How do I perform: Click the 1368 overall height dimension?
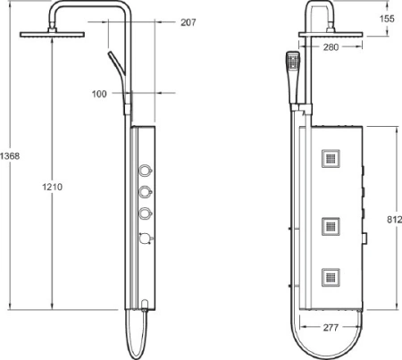[10, 156]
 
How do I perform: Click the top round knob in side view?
[144, 171]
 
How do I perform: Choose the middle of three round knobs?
[144, 192]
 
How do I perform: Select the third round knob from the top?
[144, 213]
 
